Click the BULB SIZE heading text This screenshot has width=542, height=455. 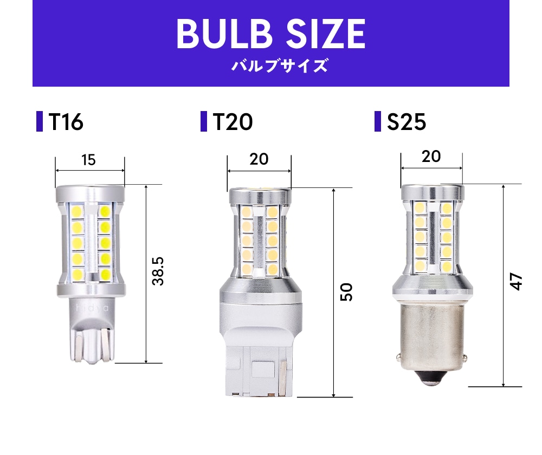tap(270, 34)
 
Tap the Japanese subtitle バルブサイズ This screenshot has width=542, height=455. tap(279, 66)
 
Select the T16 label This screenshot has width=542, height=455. tap(66, 122)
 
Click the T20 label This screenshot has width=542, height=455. tap(233, 122)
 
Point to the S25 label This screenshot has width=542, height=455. tap(406, 122)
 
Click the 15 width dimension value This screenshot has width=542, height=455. tap(88, 160)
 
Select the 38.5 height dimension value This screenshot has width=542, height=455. tap(158, 271)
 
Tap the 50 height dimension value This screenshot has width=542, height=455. tap(346, 292)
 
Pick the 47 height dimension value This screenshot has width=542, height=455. tap(516, 282)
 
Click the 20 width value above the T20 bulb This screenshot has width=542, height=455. tap(259, 159)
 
